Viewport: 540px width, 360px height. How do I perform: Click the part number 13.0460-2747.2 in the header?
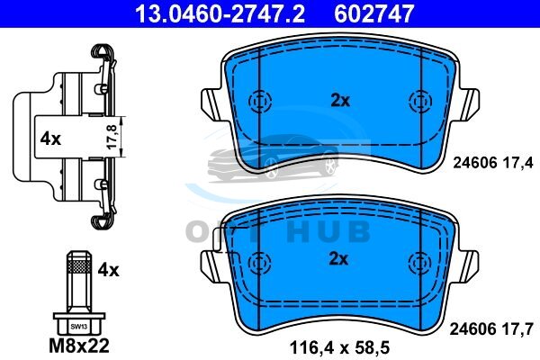pyautogui.click(x=220, y=13)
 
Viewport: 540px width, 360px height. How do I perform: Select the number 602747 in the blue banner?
pyautogui.click(x=373, y=13)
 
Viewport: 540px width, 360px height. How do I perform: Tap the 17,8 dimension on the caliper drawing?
pyautogui.click(x=112, y=137)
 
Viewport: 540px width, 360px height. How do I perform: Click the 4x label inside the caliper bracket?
pyautogui.click(x=50, y=139)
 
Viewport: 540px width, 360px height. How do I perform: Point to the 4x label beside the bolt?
pyautogui.click(x=108, y=270)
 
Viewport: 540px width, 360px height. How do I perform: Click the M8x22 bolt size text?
pyautogui.click(x=79, y=346)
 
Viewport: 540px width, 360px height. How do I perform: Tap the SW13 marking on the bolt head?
pyautogui.click(x=79, y=327)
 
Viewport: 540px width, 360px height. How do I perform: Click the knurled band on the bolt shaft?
pyautogui.click(x=79, y=266)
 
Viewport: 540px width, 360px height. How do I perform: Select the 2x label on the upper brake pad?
pyautogui.click(x=340, y=101)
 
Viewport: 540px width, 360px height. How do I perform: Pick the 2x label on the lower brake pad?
pyautogui.click(x=339, y=259)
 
